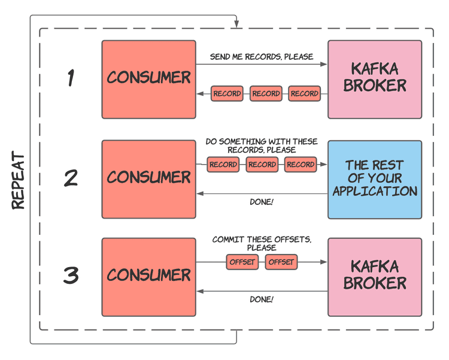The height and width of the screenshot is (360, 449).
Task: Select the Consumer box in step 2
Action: pyautogui.click(x=148, y=179)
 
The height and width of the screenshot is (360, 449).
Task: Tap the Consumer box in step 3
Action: pyautogui.click(x=148, y=277)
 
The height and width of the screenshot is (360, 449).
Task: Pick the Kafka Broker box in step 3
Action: pyautogui.click(x=375, y=277)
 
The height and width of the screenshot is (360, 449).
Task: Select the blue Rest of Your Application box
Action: pyautogui.click(x=375, y=179)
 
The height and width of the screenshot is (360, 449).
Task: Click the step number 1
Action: pyautogui.click(x=71, y=78)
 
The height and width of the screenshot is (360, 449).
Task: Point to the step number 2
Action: pyautogui.click(x=71, y=178)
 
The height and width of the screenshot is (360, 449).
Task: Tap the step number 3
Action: pyautogui.click(x=71, y=276)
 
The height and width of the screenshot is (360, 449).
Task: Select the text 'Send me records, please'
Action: pyautogui.click(x=261, y=57)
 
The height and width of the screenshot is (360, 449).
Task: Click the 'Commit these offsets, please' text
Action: pyautogui.click(x=262, y=243)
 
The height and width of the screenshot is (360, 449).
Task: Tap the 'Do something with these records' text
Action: pyautogui.click(x=262, y=146)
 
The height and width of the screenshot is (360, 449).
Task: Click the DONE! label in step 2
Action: pyautogui.click(x=262, y=202)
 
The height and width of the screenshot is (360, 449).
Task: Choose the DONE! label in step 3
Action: pyautogui.click(x=262, y=300)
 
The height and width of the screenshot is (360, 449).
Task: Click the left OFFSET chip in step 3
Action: pyautogui.click(x=242, y=262)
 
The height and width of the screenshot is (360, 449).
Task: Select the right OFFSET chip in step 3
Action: pyautogui.click(x=281, y=262)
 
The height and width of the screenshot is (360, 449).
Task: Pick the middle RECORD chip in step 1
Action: pyautogui.click(x=266, y=93)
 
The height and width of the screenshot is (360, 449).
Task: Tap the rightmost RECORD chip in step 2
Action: pyautogui.click(x=301, y=165)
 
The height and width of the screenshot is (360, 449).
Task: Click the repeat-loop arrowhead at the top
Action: pyautogui.click(x=237, y=25)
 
